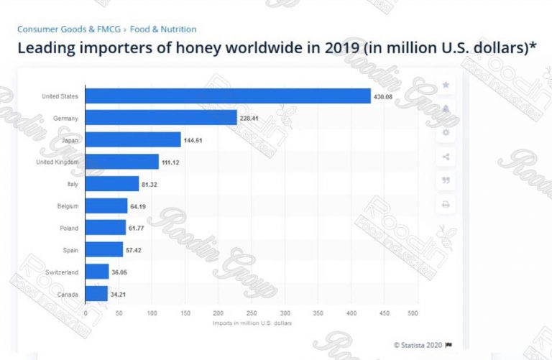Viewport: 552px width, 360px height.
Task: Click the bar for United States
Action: (228, 96)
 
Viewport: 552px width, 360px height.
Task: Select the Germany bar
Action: (161, 118)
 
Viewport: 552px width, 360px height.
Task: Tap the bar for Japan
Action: (133, 139)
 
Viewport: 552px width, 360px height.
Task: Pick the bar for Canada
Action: (96, 293)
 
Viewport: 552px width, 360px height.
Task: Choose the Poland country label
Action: (69, 228)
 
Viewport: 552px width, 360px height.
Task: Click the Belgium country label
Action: (68, 206)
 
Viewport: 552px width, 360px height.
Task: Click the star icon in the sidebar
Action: (446, 85)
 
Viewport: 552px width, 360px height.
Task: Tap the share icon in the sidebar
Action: (446, 157)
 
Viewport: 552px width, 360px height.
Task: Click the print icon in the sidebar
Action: (446, 205)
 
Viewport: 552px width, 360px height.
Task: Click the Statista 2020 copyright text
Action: (422, 344)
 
